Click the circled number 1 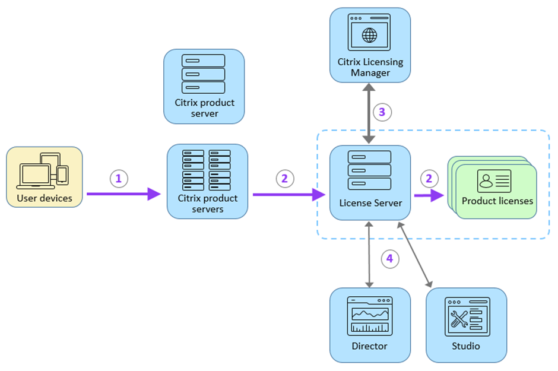(x=119, y=178)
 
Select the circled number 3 (x=382, y=112)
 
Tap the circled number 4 (x=389, y=258)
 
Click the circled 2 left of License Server (x=285, y=178)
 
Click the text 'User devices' (x=45, y=198)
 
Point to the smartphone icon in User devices (x=62, y=175)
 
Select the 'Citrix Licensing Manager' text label (x=370, y=67)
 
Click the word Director (x=369, y=345)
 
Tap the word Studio (x=466, y=345)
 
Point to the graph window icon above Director (x=370, y=315)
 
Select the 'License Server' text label (x=370, y=203)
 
